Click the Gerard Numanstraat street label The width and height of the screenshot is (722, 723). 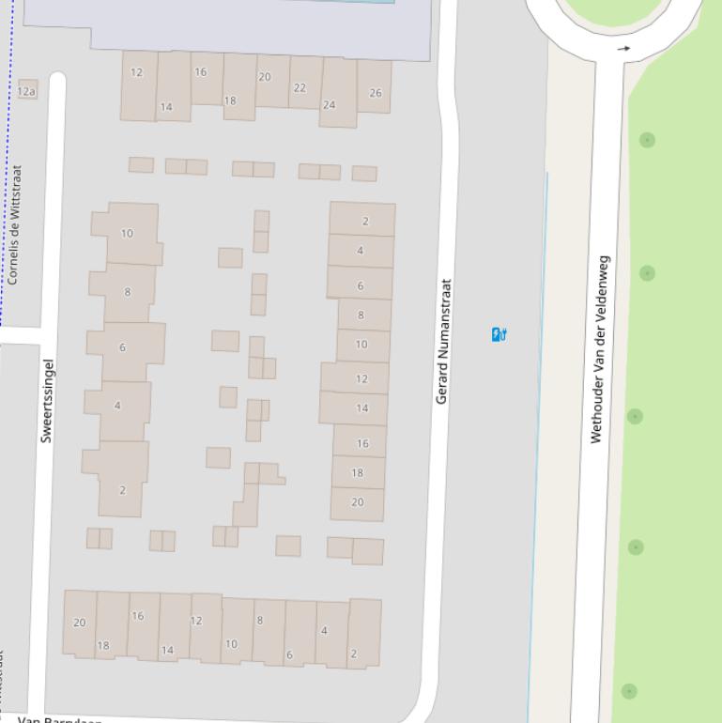[443, 342]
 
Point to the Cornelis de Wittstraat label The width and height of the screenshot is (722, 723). [13, 225]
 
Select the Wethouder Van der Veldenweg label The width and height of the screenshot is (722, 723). [599, 349]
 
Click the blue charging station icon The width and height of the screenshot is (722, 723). [499, 333]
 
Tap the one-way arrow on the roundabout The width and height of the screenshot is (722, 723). [624, 48]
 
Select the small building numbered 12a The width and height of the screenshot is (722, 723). [27, 90]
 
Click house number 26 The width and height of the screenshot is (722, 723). [376, 92]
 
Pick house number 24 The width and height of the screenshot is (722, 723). [329, 104]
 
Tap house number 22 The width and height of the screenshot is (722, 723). [300, 87]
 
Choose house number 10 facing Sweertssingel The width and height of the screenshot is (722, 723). [127, 233]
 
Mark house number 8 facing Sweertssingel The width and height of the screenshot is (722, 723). [128, 291]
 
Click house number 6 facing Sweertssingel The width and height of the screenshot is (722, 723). [122, 347]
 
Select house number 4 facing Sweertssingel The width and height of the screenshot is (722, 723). [117, 406]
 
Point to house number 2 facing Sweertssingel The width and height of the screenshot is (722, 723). [122, 490]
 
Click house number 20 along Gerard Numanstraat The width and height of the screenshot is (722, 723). [357, 502]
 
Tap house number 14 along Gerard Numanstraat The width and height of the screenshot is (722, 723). [361, 408]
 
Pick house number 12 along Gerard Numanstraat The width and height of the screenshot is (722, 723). [361, 378]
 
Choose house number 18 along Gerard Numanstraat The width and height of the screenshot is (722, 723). [357, 472]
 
